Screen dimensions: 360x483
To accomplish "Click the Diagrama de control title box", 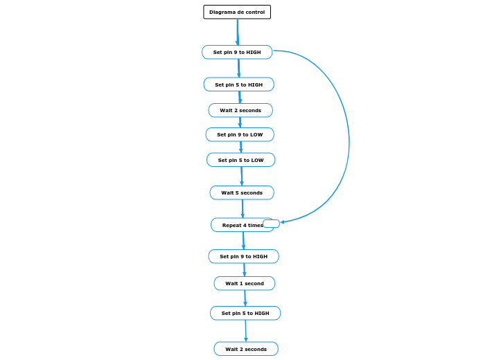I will coord(237,12).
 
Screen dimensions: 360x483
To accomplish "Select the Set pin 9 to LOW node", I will coord(240,134).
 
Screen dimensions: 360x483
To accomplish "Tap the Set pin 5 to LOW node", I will coord(240,160).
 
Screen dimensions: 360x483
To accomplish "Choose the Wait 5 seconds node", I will coord(242,192).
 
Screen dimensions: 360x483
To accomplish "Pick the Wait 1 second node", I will coord(244,283).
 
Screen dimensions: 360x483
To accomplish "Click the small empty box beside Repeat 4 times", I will coord(271,224).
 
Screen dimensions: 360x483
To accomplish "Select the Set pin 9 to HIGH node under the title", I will coord(237,52).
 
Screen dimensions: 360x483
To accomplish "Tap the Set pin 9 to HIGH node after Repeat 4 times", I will coord(243,256).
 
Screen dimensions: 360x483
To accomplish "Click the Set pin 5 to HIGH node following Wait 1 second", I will coord(245,313).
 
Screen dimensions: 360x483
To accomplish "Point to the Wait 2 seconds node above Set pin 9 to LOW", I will coord(240,110).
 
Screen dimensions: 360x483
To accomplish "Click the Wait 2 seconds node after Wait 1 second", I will coord(246,349).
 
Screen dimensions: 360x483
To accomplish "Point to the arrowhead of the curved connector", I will coord(283,222).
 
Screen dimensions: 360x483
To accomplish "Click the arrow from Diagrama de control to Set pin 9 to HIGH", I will coord(238,32).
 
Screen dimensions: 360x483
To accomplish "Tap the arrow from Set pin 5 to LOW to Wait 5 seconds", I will coord(242,176).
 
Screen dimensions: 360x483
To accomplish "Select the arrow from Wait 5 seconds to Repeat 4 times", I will coord(243,208).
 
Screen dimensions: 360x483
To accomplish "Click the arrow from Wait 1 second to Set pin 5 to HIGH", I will coord(245,298).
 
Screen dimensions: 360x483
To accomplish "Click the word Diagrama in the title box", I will coord(222,12).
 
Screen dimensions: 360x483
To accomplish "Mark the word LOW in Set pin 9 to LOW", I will coord(256,134).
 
